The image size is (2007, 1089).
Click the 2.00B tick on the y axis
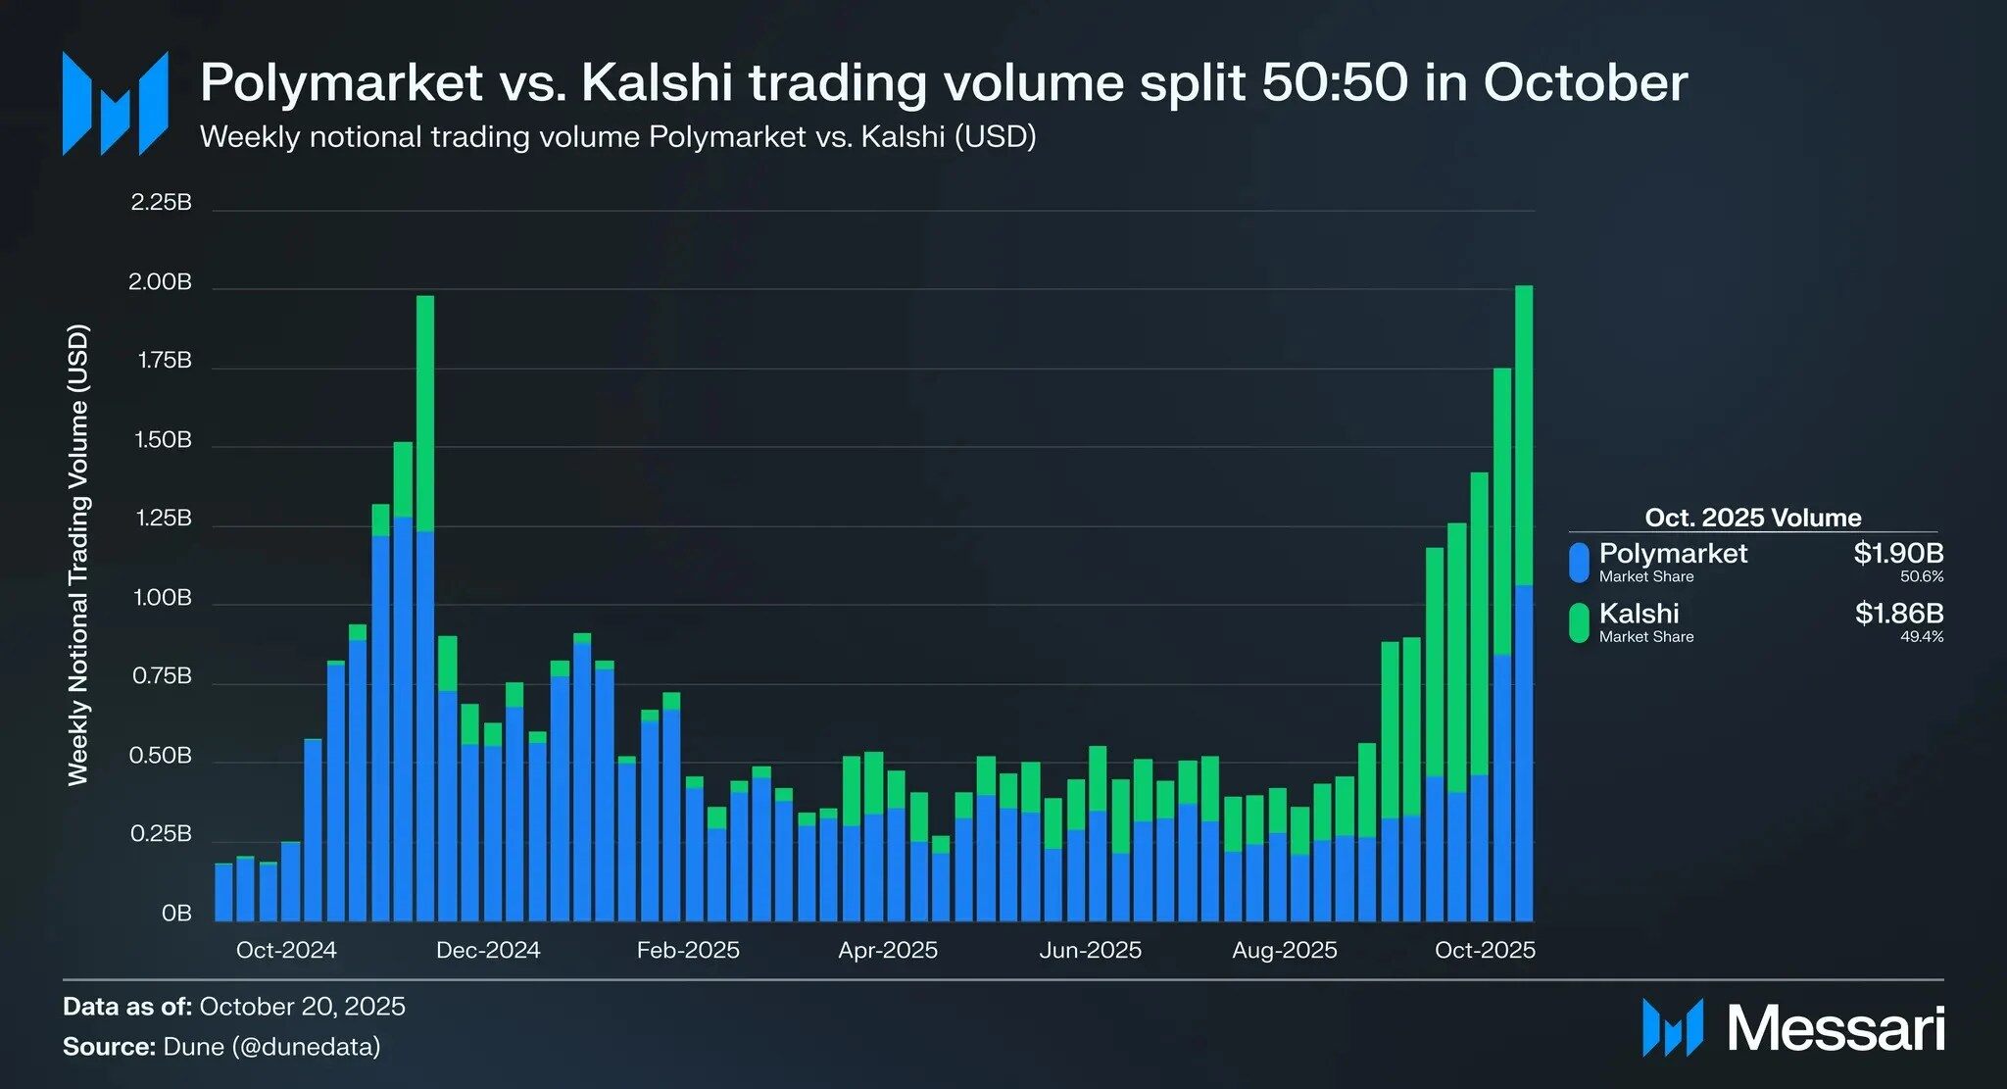(160, 283)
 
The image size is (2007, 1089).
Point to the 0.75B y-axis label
(162, 677)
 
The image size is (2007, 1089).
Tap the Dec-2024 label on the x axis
(488, 950)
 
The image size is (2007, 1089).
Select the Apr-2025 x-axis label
(888, 950)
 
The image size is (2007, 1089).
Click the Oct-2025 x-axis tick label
(1485, 950)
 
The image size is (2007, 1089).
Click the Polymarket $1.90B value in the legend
(1897, 553)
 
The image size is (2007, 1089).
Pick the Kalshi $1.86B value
(1898, 614)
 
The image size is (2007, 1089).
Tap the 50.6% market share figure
(1921, 576)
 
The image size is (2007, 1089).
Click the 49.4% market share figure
(1921, 636)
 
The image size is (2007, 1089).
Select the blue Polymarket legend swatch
(1579, 563)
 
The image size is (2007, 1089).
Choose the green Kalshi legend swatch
(1579, 622)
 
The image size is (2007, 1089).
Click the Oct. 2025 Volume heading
(1752, 518)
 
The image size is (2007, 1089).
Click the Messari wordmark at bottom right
(1835, 1029)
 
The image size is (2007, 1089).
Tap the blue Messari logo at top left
(115, 103)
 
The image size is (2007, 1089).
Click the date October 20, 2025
(302, 1007)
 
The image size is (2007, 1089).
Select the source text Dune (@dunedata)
(271, 1047)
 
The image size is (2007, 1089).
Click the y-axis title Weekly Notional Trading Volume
(78, 554)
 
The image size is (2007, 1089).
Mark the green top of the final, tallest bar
(1524, 431)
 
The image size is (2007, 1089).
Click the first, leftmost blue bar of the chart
(223, 892)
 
